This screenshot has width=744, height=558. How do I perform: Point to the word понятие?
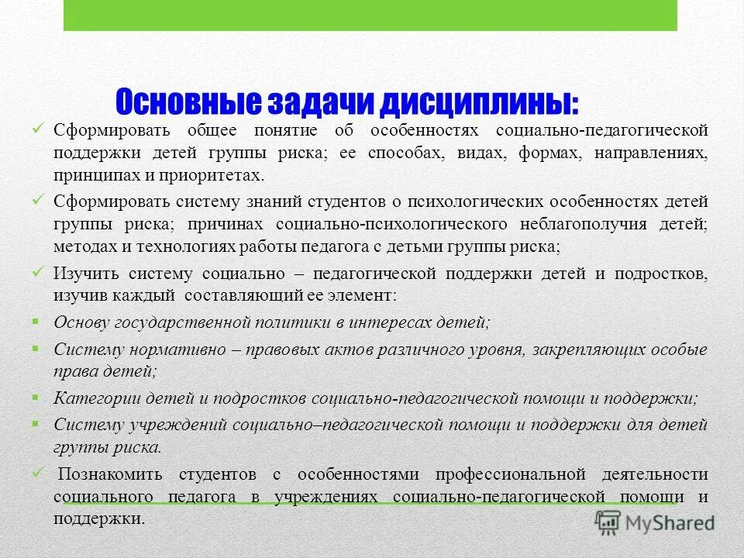tap(284, 129)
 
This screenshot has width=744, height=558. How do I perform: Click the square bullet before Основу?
tap(36, 320)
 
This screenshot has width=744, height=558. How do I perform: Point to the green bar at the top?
tap(370, 15)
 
